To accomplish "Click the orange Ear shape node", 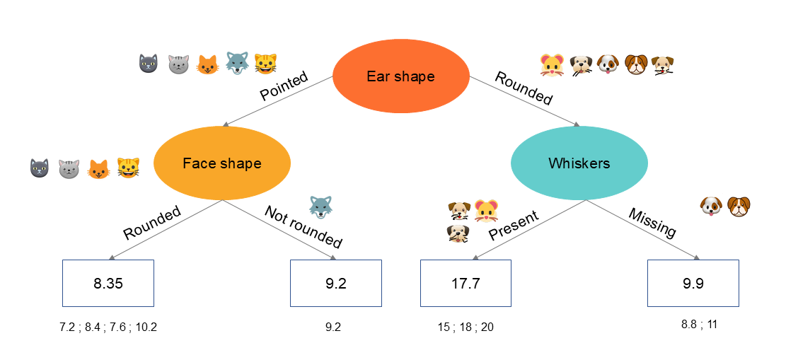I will pyautogui.click(x=400, y=76).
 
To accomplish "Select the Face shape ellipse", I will pyautogui.click(x=222, y=163).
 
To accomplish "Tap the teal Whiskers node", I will pyautogui.click(x=579, y=163).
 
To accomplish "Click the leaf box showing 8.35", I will pyautogui.click(x=108, y=283).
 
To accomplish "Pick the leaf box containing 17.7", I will pyautogui.click(x=466, y=283).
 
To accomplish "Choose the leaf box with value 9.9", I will pyautogui.click(x=693, y=283).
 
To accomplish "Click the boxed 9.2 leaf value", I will pyautogui.click(x=336, y=283).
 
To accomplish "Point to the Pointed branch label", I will pyautogui.click(x=284, y=86).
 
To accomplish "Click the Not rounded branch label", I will pyautogui.click(x=303, y=226).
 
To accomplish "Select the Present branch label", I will pyautogui.click(x=514, y=225).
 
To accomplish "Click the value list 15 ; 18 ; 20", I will pyautogui.click(x=466, y=327).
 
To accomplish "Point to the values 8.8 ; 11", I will pyautogui.click(x=699, y=324).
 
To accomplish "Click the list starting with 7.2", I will pyautogui.click(x=108, y=327).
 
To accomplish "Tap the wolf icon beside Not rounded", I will pyautogui.click(x=320, y=207).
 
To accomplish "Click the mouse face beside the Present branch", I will pyautogui.click(x=486, y=211).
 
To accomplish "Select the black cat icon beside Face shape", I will pyautogui.click(x=39, y=168).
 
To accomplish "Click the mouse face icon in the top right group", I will pyautogui.click(x=551, y=65).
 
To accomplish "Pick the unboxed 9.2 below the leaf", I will pyautogui.click(x=333, y=327).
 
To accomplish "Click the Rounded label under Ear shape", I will pyautogui.click(x=524, y=88).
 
